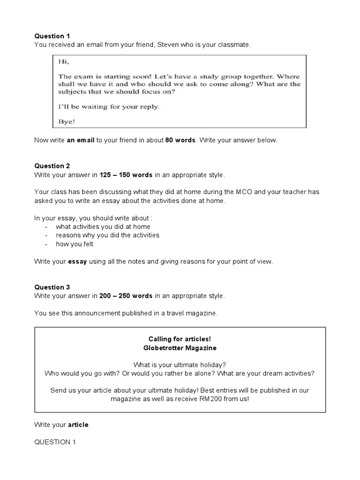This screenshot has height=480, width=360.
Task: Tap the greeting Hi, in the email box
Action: click(x=63, y=61)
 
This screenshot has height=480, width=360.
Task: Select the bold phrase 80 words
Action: click(x=180, y=140)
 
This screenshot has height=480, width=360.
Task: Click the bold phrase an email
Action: click(x=80, y=140)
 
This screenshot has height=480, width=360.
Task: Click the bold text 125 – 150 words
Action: click(x=126, y=175)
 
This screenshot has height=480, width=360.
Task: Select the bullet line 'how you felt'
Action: click(x=75, y=244)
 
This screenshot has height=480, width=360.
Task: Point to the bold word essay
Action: click(x=77, y=262)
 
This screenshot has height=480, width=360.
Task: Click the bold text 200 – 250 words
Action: click(x=126, y=296)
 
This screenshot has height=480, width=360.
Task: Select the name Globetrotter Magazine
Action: click(x=180, y=348)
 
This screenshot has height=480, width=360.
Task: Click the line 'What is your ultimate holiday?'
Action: click(x=180, y=365)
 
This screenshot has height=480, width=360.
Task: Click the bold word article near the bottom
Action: click(x=78, y=425)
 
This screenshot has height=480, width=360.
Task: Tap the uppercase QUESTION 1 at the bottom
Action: click(x=54, y=442)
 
